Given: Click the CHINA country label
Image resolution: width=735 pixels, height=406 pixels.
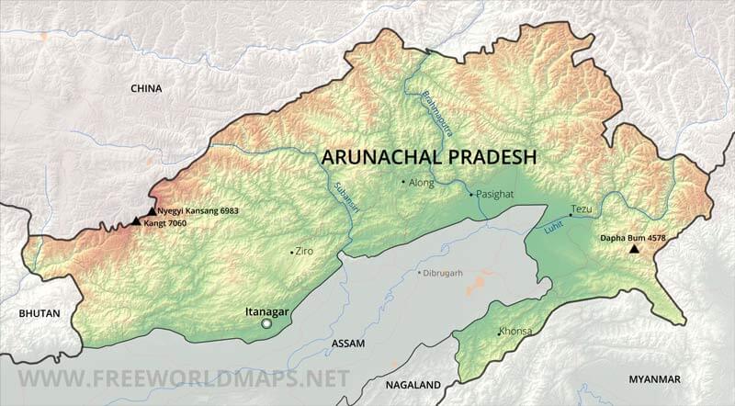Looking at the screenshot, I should (146, 89).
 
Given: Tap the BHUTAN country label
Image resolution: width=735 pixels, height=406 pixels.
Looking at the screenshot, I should (40, 313).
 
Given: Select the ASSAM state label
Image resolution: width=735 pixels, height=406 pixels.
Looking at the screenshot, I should (347, 344).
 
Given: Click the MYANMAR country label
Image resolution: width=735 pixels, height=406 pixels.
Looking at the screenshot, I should (654, 379).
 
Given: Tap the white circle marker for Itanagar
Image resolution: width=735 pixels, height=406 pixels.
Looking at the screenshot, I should (266, 323).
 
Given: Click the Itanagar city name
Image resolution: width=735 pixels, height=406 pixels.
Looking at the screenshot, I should (266, 311).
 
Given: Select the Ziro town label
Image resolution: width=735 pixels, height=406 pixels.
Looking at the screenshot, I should (304, 251).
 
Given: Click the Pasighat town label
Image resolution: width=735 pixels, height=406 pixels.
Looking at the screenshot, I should (495, 195).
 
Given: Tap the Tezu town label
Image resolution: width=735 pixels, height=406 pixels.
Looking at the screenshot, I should (582, 210).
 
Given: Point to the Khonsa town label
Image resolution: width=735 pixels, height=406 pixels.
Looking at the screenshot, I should (515, 331).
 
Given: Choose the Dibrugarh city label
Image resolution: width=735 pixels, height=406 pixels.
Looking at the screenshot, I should (444, 273).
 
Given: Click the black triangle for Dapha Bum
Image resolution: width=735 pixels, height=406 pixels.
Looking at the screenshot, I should (634, 249).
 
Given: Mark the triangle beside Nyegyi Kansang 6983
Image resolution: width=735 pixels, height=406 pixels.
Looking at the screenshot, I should (152, 211).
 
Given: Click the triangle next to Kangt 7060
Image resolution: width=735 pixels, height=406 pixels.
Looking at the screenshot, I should (136, 221).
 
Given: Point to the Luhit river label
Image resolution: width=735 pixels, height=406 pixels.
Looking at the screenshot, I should (553, 225).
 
